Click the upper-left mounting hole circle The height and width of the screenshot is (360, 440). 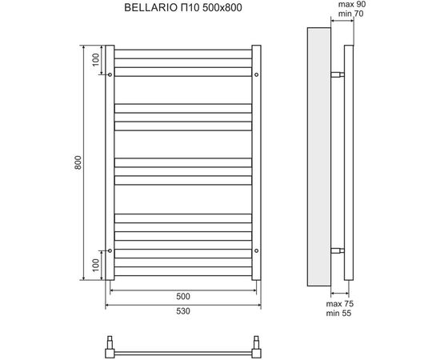pos(110,74)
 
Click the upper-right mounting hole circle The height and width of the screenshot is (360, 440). pos(255,74)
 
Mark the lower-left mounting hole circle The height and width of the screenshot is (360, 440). pos(110,250)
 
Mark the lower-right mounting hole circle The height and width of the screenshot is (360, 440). pos(255,250)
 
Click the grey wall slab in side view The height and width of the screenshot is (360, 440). pos(318,160)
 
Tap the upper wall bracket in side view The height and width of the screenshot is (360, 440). pos(338,74)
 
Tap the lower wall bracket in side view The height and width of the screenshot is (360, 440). pos(338,250)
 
